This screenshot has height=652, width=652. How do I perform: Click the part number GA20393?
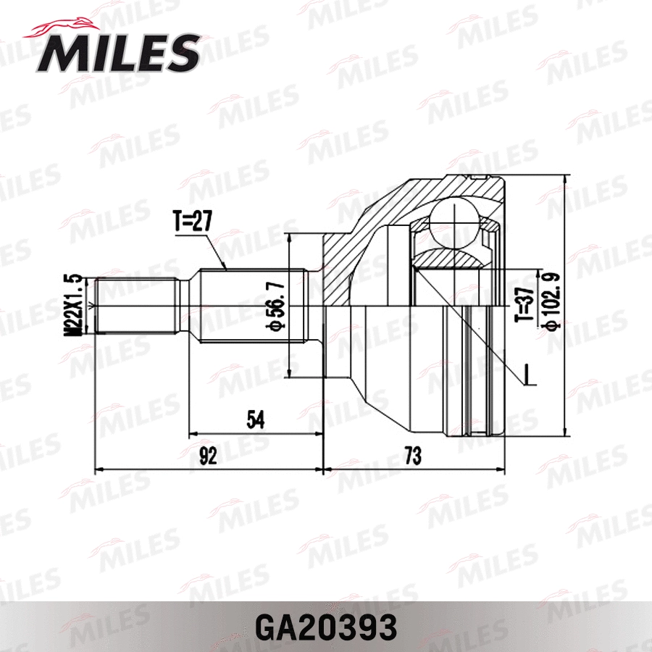coord(326,624)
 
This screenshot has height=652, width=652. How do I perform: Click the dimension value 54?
coord(256,419)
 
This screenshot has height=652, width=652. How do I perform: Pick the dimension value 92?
coord(209,456)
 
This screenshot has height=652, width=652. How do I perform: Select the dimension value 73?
coord(412,456)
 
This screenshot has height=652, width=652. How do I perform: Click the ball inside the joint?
coord(450,220)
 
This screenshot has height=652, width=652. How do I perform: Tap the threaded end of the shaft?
coord(138,305)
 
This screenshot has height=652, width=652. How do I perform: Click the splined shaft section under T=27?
coord(250,305)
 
